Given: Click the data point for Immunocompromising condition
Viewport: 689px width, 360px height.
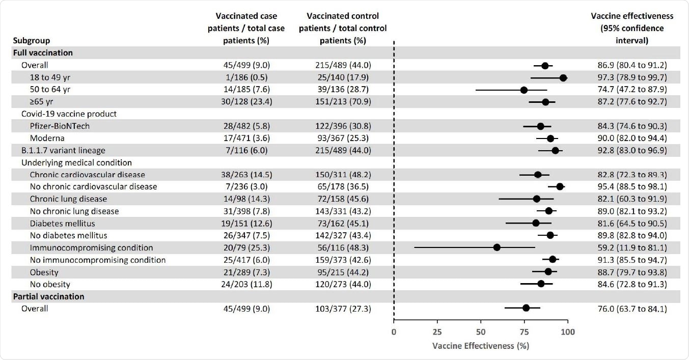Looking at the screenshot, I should (497, 247).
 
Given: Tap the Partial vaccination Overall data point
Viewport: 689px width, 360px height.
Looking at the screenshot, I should (526, 308).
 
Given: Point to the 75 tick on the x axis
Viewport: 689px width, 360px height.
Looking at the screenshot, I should (524, 332).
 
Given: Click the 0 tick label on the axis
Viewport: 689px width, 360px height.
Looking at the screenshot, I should (394, 332).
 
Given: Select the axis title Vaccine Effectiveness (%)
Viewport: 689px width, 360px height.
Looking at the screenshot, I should (480, 346).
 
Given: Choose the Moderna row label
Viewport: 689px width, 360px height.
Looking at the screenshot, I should (47, 139).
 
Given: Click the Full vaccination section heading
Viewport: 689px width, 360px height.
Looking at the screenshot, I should (43, 52).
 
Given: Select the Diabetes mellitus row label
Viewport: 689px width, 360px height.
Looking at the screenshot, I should (62, 224).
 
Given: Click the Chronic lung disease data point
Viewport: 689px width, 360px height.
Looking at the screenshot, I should (536, 199).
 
